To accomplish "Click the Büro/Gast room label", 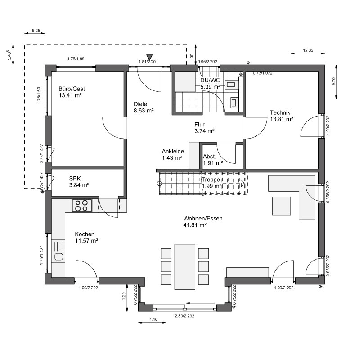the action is pos(72,89).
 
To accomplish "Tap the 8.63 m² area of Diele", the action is pos(144,111).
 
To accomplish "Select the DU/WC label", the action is pos(210,81).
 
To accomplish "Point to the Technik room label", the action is pos(280,112).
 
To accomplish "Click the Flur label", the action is pos(199,125).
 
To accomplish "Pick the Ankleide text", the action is pos(173,151).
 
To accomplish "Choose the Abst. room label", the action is pos(210,157).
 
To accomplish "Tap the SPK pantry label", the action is pos(75,179).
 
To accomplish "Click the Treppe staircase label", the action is pos(211,180).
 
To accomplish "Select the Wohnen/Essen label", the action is pos(203,218).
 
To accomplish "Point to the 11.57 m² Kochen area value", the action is pos(86,241).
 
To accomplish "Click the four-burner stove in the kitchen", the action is pos(82,206).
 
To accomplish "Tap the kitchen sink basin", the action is pos(58,256).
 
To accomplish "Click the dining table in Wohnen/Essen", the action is pos(185,266).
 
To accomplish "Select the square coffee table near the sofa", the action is pos(282,206).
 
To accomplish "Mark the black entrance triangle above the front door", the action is pos(149,57).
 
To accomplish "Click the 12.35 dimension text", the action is pos(308,50).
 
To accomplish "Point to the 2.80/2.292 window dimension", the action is pos(184,316).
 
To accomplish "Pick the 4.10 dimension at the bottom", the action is pos(153,319).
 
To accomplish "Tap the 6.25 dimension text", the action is pos(36,30).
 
